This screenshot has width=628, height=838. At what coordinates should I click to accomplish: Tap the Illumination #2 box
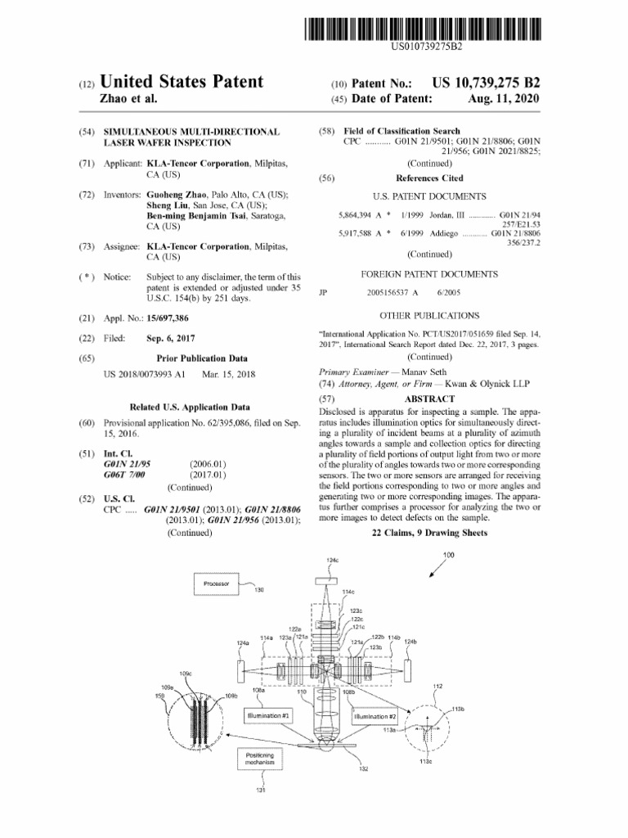coord(375,716)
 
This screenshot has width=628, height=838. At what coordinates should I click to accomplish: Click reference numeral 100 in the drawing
coord(448,556)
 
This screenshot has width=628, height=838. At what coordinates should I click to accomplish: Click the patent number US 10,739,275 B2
coord(481,83)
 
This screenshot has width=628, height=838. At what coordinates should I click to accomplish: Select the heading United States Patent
coord(182,82)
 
